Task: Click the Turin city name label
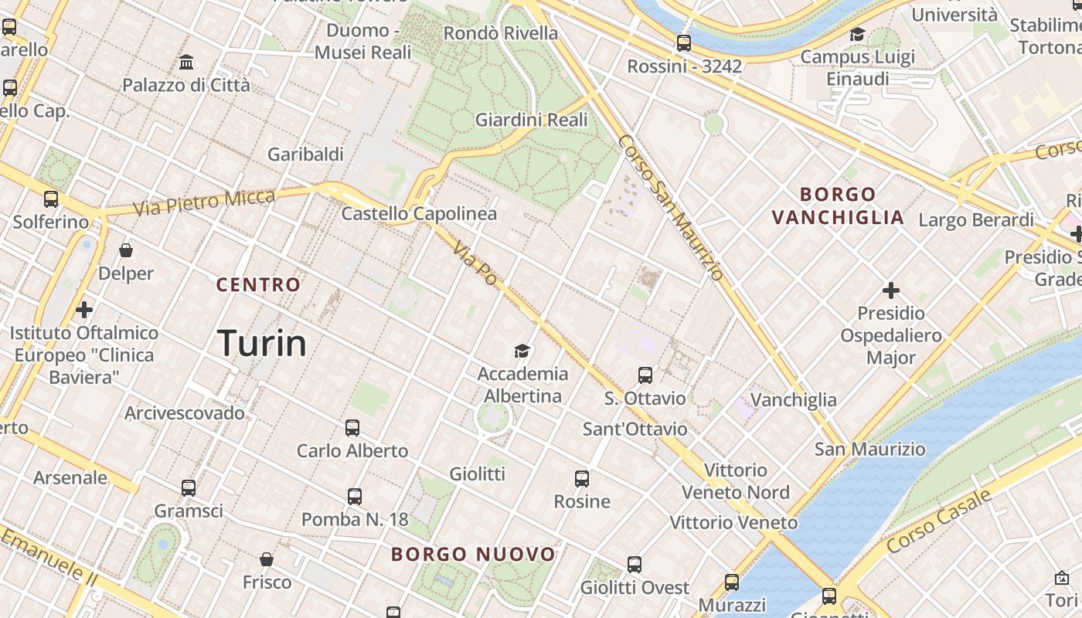262,342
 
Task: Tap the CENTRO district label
258,284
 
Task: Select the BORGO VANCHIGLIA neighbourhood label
839,205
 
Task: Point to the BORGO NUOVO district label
473,554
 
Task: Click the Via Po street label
475,263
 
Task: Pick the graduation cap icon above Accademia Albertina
522,351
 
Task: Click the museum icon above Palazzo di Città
186,62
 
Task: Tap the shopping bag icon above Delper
126,250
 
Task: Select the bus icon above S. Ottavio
645,375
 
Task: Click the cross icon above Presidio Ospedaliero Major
891,290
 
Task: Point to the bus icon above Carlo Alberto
352,427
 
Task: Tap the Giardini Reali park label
531,120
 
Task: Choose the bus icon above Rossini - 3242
684,43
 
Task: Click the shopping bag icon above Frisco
267,559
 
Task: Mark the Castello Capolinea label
419,213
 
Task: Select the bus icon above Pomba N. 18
355,496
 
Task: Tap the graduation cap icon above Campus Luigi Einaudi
857,34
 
